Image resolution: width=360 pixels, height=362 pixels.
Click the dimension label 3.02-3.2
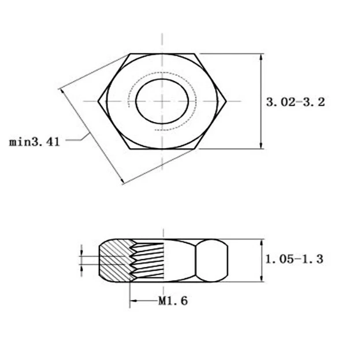click(x=296, y=102)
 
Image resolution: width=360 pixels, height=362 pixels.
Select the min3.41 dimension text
click(x=35, y=142)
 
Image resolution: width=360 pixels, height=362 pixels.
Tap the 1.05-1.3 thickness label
click(x=294, y=259)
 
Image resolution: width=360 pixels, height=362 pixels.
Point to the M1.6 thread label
click(x=173, y=301)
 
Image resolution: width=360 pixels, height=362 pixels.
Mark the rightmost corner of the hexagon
click(x=227, y=101)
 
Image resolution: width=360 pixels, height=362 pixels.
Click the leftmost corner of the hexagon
click(x=98, y=101)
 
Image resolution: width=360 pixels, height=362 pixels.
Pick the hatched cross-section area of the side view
click(x=116, y=261)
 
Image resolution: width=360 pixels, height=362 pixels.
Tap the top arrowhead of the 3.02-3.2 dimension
click(x=261, y=57)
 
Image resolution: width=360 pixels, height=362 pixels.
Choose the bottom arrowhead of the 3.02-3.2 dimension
click(x=261, y=145)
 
